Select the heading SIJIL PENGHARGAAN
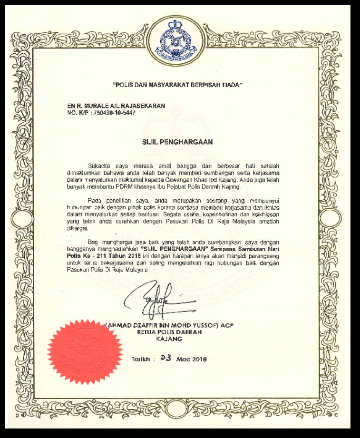point(177,142)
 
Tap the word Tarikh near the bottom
point(141,359)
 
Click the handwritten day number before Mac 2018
point(166,358)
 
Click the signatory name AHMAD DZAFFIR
point(132,325)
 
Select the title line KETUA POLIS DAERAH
point(169,332)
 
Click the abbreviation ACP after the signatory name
point(227,325)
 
